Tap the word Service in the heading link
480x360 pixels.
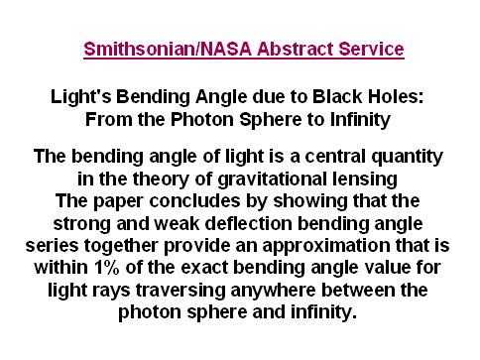371,49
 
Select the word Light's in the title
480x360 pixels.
80,97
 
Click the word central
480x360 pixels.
335,156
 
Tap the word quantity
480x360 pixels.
407,158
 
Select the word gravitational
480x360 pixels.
272,180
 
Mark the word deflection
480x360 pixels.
249,223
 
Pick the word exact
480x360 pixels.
204,268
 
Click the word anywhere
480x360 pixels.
273,292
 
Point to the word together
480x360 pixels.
120,247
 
